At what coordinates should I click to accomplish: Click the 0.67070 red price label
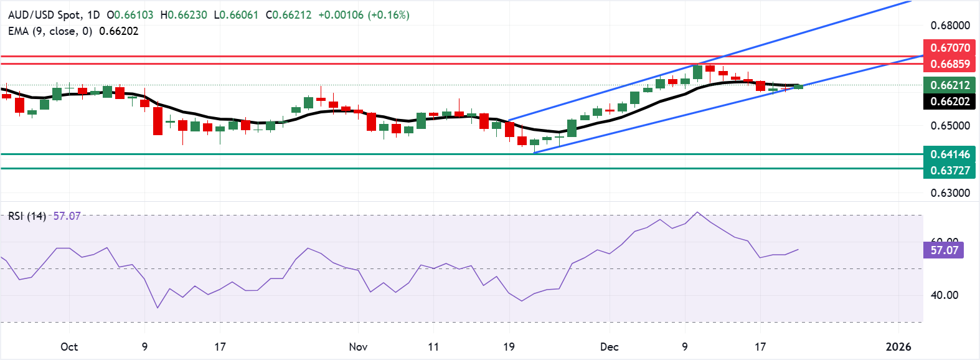click(x=949, y=47)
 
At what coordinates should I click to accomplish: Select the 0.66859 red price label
click(x=949, y=64)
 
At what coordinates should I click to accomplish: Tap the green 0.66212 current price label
click(x=949, y=85)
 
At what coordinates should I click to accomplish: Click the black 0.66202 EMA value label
click(x=949, y=101)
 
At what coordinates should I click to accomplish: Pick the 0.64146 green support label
click(x=949, y=154)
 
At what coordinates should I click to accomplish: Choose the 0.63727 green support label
click(x=949, y=170)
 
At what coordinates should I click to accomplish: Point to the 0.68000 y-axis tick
click(x=949, y=26)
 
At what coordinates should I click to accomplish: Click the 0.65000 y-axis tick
click(x=949, y=126)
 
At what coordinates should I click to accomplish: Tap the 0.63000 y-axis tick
click(x=949, y=193)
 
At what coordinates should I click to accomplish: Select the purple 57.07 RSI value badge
click(x=944, y=250)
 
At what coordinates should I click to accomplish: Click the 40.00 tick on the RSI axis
click(x=944, y=295)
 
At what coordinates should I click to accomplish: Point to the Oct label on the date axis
click(x=69, y=347)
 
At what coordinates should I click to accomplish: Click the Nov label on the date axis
click(x=358, y=347)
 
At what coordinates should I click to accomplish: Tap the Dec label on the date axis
click(x=609, y=347)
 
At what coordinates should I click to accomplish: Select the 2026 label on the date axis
click(x=898, y=347)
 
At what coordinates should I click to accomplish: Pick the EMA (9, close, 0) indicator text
click(x=50, y=31)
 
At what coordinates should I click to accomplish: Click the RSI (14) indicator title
click(x=27, y=216)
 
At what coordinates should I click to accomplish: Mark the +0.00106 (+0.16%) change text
click(x=364, y=14)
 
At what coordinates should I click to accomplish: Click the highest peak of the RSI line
click(x=697, y=212)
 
